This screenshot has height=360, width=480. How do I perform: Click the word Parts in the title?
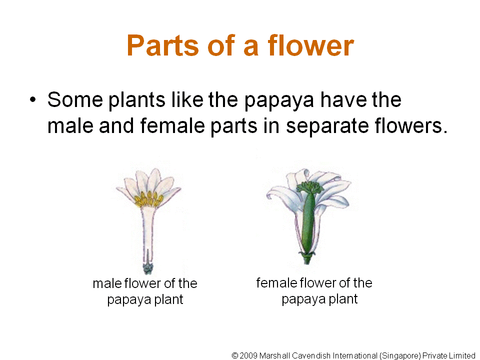(x=163, y=45)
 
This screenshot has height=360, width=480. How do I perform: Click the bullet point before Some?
(x=33, y=100)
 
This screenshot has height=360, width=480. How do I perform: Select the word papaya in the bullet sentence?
(x=279, y=101)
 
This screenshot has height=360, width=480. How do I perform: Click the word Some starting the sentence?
(x=75, y=99)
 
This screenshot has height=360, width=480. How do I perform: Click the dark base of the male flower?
(x=148, y=267)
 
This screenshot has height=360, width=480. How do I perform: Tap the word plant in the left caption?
(x=168, y=299)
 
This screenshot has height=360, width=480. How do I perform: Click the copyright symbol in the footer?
(x=235, y=355)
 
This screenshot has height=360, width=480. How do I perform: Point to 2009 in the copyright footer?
(x=248, y=355)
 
